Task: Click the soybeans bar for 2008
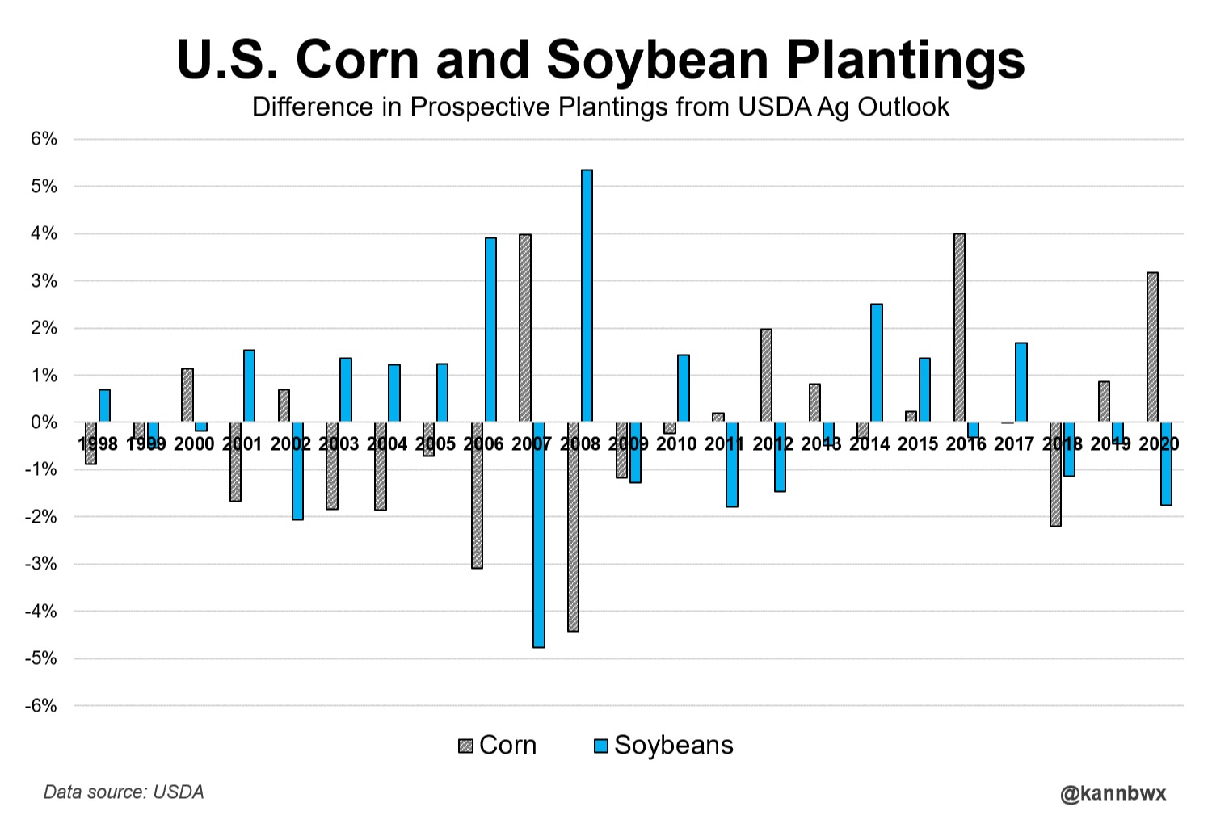pyautogui.click(x=587, y=296)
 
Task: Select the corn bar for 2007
pyautogui.click(x=525, y=328)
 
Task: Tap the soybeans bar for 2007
pyautogui.click(x=539, y=535)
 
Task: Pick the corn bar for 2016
pyautogui.click(x=959, y=328)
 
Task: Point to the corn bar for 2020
pyautogui.click(x=1152, y=347)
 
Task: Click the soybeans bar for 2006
pyautogui.click(x=490, y=330)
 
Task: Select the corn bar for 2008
pyautogui.click(x=573, y=527)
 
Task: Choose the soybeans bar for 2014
pyautogui.click(x=877, y=363)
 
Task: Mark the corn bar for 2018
pyautogui.click(x=1055, y=474)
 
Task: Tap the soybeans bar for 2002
pyautogui.click(x=297, y=471)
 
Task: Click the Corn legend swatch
pyautogui.click(x=465, y=746)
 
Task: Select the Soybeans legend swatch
pyautogui.click(x=600, y=746)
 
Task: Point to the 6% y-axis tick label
pyautogui.click(x=44, y=139)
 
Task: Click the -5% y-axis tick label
pyautogui.click(x=41, y=658)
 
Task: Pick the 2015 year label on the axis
pyautogui.click(x=918, y=443)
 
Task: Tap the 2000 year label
pyautogui.click(x=194, y=443)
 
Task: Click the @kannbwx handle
pyautogui.click(x=1113, y=793)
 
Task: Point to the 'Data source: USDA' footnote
pyautogui.click(x=124, y=792)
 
